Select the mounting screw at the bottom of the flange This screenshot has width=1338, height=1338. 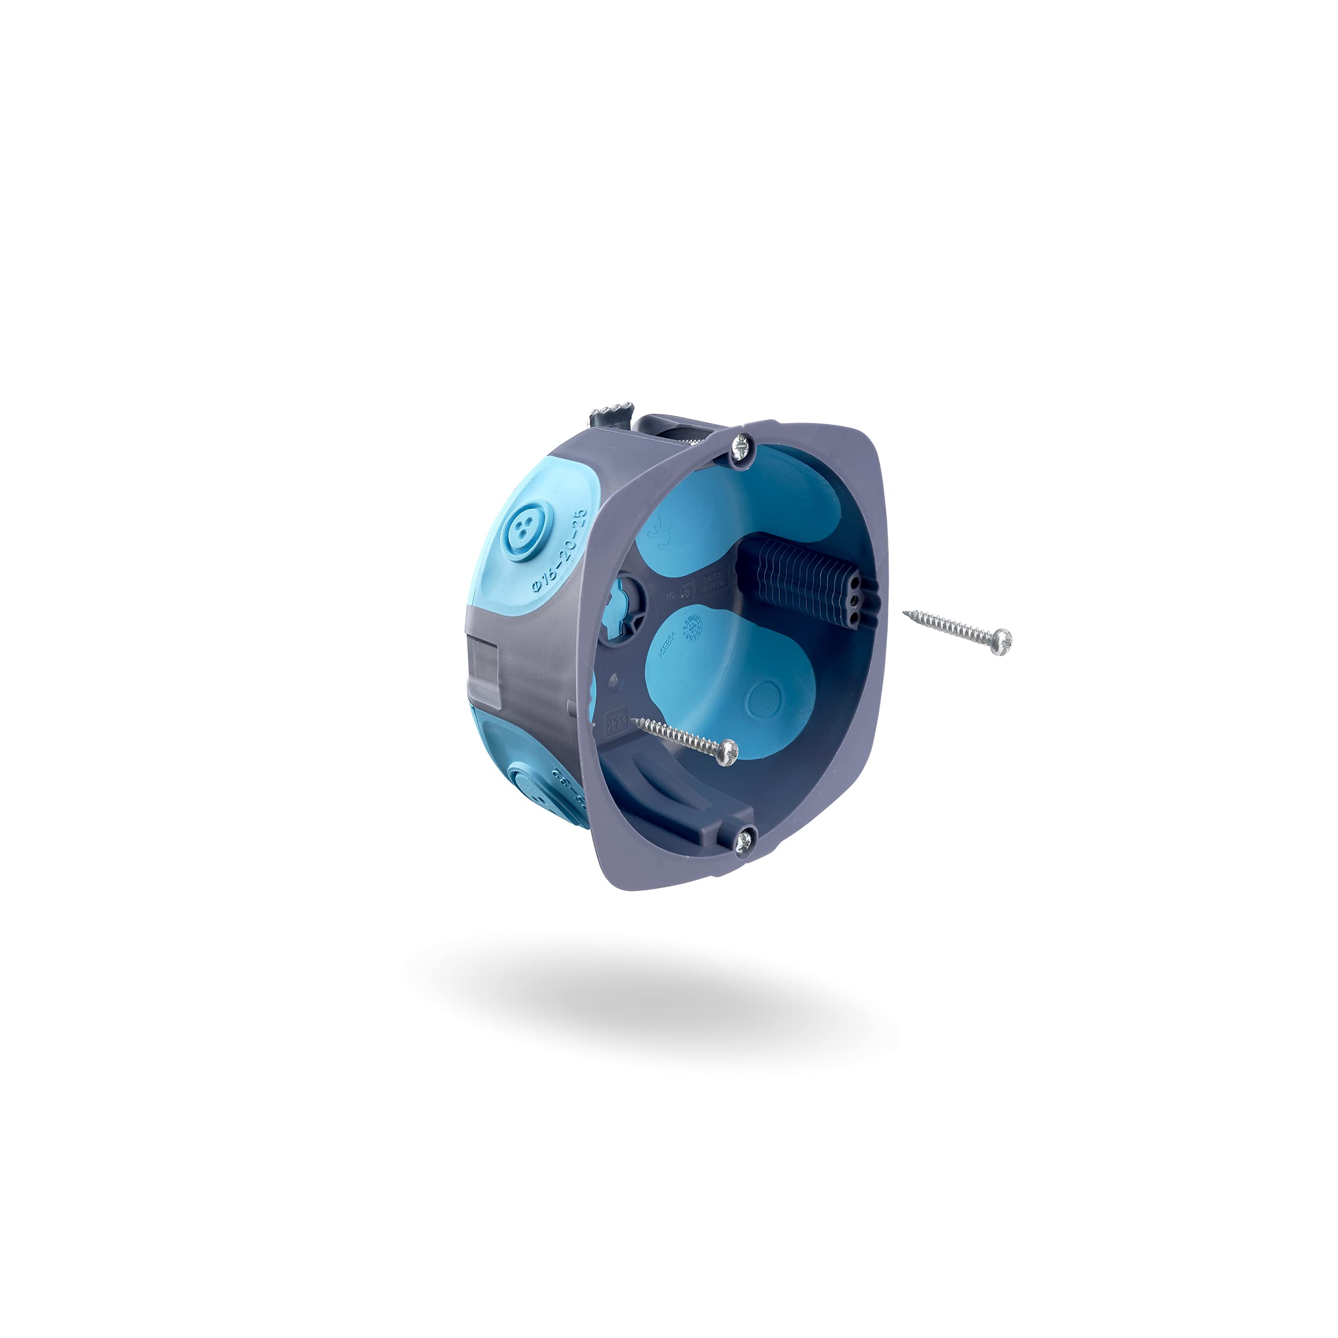pyautogui.click(x=744, y=841)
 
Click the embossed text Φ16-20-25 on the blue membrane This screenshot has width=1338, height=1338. pyautogui.click(x=560, y=551)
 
